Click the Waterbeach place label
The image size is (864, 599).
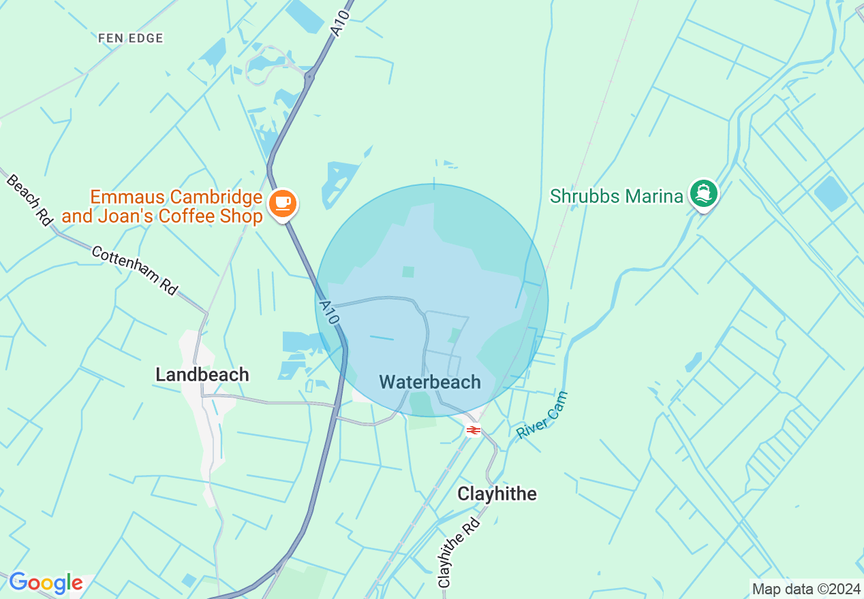[430, 382]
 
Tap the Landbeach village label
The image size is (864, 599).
[202, 374]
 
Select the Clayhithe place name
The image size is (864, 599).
[497, 493]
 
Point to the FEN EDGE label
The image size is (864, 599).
[131, 38]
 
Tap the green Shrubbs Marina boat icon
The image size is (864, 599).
[704, 194]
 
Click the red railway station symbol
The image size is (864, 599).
[472, 430]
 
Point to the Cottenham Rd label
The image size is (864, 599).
[134, 270]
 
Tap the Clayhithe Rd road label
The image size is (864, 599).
[459, 552]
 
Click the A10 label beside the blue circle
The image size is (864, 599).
[328, 312]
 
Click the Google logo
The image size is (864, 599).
[46, 583]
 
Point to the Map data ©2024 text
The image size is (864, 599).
[806, 589]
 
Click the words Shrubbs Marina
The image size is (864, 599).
[616, 197]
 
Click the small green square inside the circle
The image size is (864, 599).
[408, 272]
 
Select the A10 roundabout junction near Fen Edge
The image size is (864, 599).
[309, 77]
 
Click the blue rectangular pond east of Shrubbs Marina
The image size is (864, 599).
[830, 193]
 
